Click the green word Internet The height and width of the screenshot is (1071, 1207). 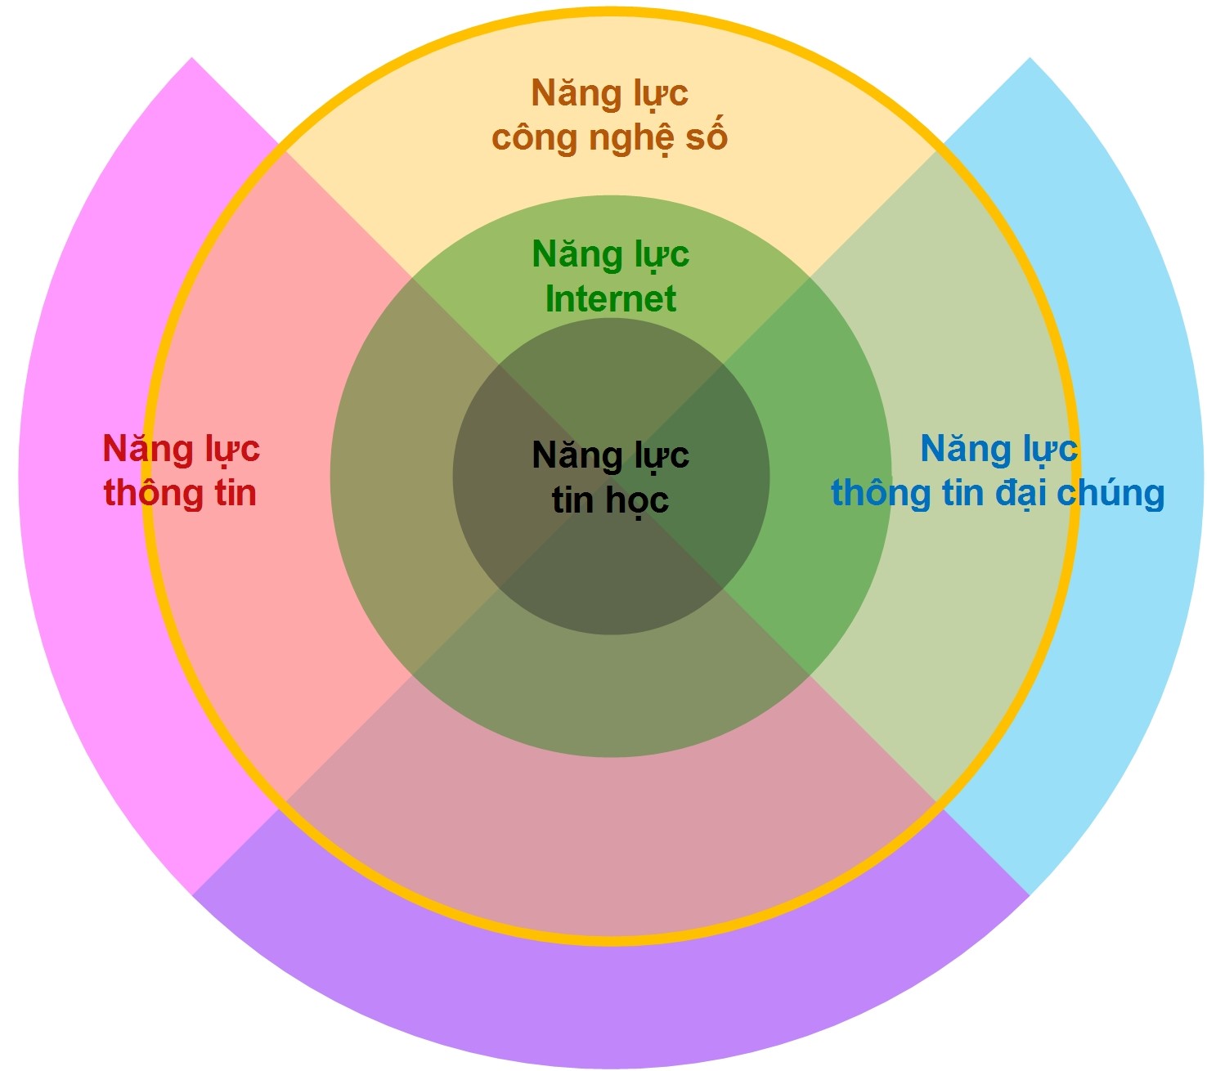pyautogui.click(x=610, y=298)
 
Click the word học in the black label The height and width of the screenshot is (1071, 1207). pyautogui.click(x=637, y=500)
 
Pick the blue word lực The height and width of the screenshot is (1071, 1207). pyautogui.click(x=1050, y=450)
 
